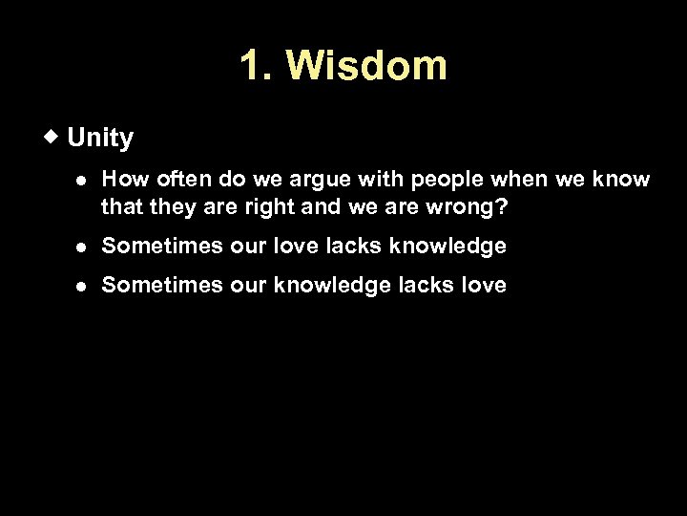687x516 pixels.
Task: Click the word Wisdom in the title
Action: (365, 67)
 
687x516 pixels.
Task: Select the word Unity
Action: (101, 139)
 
